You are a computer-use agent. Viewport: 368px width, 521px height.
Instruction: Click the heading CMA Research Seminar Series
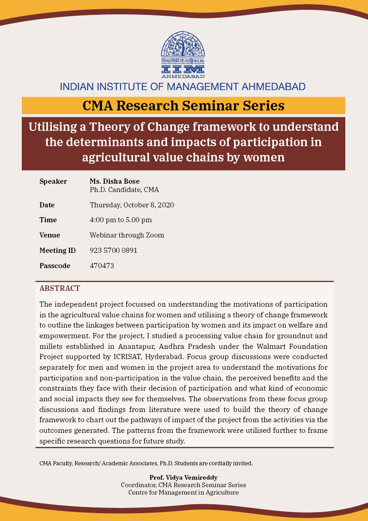[x=184, y=106]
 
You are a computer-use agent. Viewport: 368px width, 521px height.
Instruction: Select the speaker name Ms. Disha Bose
[x=114, y=181]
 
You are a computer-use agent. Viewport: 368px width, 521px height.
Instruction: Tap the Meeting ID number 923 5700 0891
[x=114, y=251]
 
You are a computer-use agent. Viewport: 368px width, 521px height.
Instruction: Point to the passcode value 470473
[x=102, y=266]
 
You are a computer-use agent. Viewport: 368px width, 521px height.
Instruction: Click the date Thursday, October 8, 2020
[x=132, y=205]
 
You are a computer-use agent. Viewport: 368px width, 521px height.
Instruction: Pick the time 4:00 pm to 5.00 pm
[x=121, y=220]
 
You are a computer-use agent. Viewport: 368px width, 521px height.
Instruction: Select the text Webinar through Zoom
[x=127, y=235]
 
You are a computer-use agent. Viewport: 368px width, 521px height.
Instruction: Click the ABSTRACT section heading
[x=60, y=289]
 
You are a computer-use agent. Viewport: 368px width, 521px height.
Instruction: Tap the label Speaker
[x=53, y=181]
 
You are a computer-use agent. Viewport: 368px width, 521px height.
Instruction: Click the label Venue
[x=50, y=235]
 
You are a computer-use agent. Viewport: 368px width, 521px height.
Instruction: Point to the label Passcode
[x=55, y=266]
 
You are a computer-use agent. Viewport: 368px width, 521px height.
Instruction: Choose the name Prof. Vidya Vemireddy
[x=184, y=477]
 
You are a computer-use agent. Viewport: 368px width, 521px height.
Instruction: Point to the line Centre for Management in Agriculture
[x=184, y=492]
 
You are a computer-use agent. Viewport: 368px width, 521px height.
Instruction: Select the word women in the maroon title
[x=263, y=157]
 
